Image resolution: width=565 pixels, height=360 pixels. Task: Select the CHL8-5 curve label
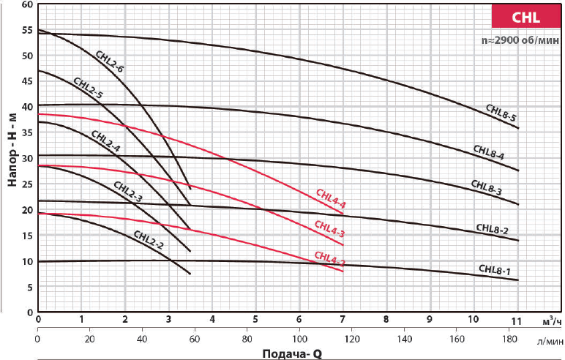pyautogui.click(x=502, y=113)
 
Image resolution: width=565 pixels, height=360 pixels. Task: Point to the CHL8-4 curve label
pyautogui.click(x=489, y=152)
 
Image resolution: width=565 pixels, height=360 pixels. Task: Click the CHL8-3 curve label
pyautogui.click(x=486, y=187)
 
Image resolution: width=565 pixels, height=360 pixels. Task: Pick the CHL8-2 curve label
pyautogui.click(x=492, y=229)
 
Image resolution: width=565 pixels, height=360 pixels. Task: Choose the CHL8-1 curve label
pyautogui.click(x=495, y=269)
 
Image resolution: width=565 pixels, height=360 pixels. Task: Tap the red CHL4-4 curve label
pyautogui.click(x=330, y=199)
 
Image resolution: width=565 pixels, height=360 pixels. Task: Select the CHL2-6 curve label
pyautogui.click(x=110, y=62)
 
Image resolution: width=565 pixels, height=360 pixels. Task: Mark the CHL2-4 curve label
pyautogui.click(x=106, y=140)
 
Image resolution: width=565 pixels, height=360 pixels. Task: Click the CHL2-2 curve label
pyautogui.click(x=149, y=239)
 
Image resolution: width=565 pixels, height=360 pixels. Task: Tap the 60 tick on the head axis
pyautogui.click(x=27, y=4)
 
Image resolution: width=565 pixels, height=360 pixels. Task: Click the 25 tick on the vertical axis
pyautogui.click(x=27, y=184)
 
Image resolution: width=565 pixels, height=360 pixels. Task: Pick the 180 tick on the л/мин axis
pyautogui.click(x=509, y=340)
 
